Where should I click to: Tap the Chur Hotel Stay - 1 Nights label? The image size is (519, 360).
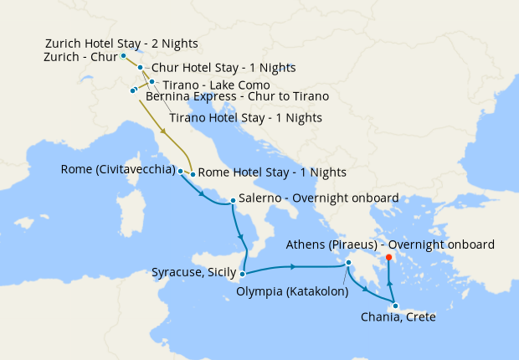(x=223, y=67)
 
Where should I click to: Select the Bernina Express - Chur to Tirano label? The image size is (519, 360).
(x=237, y=97)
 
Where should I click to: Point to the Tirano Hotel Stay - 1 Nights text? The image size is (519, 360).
(x=245, y=118)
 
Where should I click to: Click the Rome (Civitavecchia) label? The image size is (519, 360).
(x=118, y=170)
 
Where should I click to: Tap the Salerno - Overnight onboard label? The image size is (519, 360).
(x=318, y=199)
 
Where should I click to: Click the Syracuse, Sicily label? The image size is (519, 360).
(x=193, y=273)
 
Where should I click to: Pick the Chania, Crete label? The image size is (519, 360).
(x=398, y=318)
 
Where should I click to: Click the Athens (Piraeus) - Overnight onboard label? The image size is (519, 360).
(x=389, y=244)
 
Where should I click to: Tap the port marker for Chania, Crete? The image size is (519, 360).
(x=395, y=306)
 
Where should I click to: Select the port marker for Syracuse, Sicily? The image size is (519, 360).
(x=242, y=273)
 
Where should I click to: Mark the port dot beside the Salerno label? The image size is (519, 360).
(x=233, y=200)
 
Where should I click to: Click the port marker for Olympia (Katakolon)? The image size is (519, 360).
(x=349, y=264)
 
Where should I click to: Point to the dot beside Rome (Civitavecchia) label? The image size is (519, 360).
(x=180, y=170)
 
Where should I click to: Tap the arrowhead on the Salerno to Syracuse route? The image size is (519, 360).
(x=242, y=235)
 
